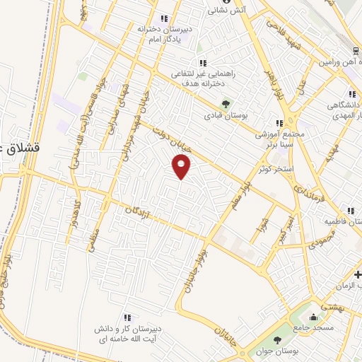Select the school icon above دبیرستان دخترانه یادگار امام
pyautogui.click(x=164, y=18)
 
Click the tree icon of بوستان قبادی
pyautogui.click(x=226, y=103)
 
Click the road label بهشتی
pyautogui.click(x=332, y=306)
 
